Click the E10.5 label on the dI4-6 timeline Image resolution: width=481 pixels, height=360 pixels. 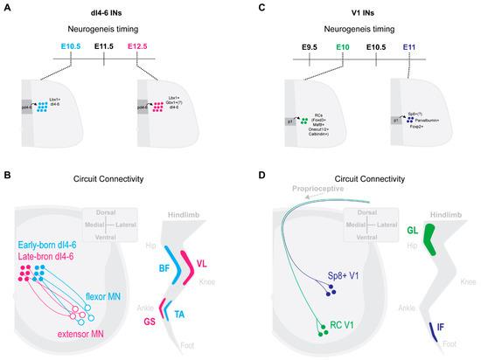pyautogui.click(x=71, y=44)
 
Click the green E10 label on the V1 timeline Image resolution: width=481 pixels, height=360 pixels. pyautogui.click(x=343, y=44)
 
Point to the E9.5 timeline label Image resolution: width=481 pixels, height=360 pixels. pyautogui.click(x=310, y=44)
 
